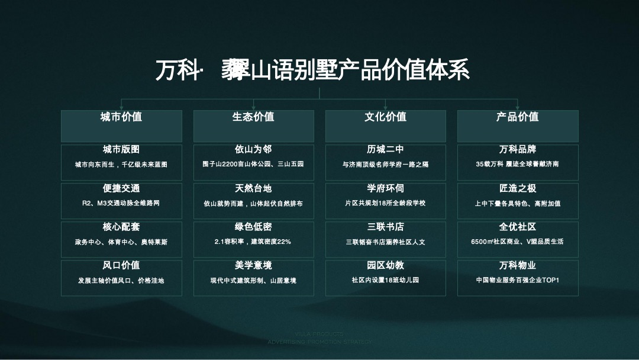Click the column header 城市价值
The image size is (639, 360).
[x=121, y=117]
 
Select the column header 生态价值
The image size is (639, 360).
[x=253, y=117]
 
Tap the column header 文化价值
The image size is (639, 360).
[x=385, y=117]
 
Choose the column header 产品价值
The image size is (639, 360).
[x=517, y=117]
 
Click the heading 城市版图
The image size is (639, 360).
[x=121, y=150]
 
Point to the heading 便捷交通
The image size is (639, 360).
[x=121, y=188]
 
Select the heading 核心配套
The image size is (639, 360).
[x=121, y=227]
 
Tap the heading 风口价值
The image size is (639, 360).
[x=121, y=265]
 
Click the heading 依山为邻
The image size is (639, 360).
[x=253, y=150]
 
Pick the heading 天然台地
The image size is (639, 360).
[x=253, y=188]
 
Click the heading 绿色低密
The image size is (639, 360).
[x=253, y=227]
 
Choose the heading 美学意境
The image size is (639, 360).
[x=253, y=265]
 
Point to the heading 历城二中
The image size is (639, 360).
[x=385, y=150]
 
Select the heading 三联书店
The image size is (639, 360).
[x=385, y=227]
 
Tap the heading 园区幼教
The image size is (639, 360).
[x=385, y=265]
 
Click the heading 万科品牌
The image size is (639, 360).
[x=517, y=150]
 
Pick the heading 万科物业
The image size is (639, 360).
[x=517, y=265]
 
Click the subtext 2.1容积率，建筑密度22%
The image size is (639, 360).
[x=253, y=242]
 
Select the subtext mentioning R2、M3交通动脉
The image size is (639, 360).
[x=121, y=203]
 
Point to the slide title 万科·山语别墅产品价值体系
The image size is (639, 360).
[x=312, y=70]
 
